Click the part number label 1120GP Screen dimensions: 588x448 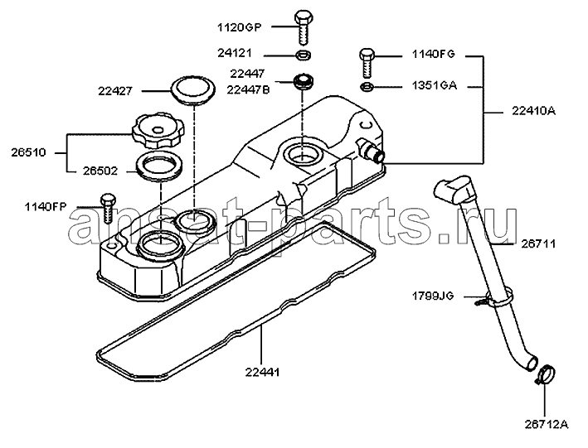(x=239, y=27)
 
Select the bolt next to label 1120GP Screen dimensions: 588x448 (x=303, y=28)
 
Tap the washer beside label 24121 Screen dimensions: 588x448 (x=303, y=55)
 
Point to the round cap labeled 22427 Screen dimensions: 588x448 (x=193, y=89)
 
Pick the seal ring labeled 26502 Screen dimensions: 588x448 (x=159, y=165)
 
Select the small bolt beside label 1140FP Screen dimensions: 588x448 (x=108, y=209)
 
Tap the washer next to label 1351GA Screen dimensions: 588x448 (x=367, y=87)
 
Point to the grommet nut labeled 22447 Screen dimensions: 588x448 (x=302, y=82)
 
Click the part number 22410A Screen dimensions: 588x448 (x=533, y=111)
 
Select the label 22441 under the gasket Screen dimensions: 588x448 (x=263, y=373)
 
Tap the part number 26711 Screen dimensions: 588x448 (x=538, y=243)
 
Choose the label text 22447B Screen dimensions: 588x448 (x=249, y=90)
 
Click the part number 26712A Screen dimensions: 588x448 (x=547, y=425)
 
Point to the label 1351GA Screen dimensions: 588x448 (x=435, y=85)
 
